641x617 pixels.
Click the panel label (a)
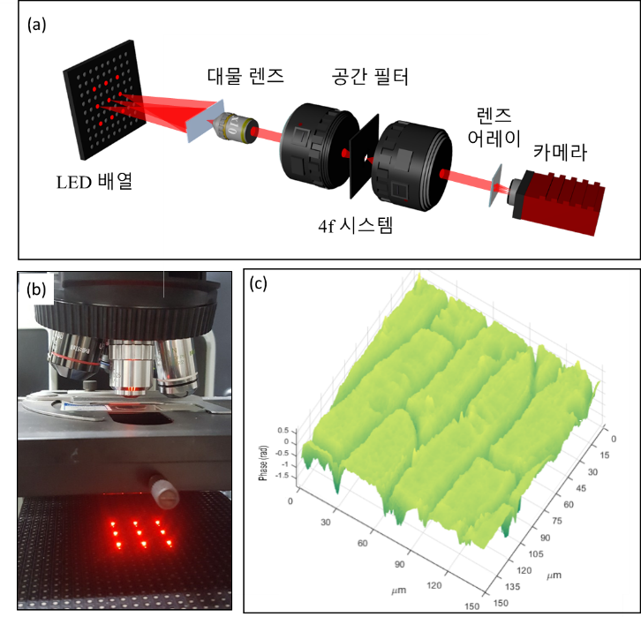coord(36,25)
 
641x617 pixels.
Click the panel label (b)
coord(36,290)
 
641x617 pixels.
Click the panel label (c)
coord(259,283)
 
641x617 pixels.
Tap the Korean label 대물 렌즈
coord(245,76)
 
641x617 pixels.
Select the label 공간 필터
coord(370,77)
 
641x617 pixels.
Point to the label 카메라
coord(560,153)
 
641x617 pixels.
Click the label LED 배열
coord(94,182)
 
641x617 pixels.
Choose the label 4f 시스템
coord(355,225)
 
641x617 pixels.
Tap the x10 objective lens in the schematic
coord(235,127)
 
